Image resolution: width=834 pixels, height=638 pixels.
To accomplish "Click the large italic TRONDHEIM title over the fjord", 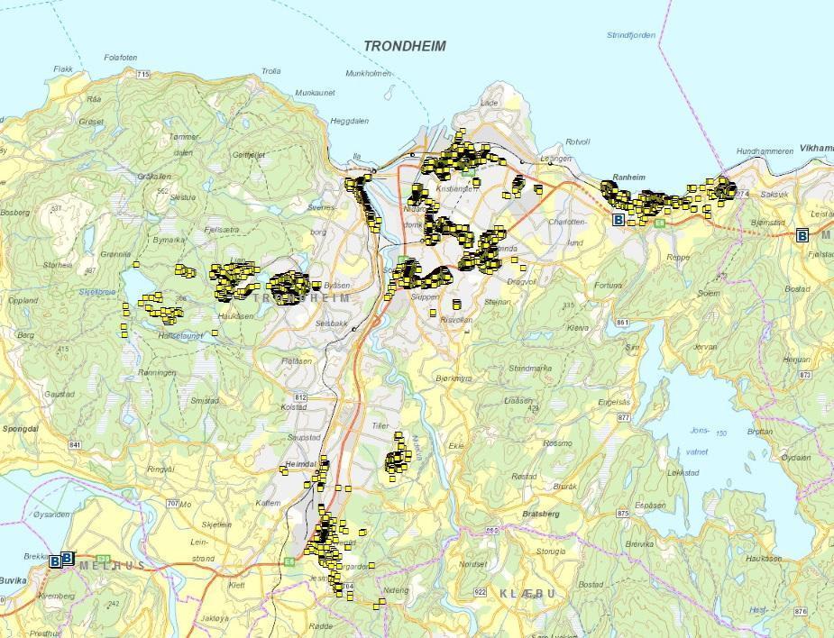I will pyautogui.click(x=404, y=46).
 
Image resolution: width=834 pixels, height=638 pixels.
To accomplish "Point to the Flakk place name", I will pyautogui.click(x=63, y=69).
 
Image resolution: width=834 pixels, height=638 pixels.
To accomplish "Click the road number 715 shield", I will pyautogui.click(x=142, y=74).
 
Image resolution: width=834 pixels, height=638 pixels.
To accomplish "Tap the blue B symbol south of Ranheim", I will pyautogui.click(x=618, y=219).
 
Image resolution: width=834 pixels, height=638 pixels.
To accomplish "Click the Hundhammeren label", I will pyautogui.click(x=765, y=150).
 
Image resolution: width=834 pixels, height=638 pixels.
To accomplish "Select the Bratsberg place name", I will pyautogui.click(x=540, y=514).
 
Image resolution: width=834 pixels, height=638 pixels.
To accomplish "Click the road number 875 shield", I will pyautogui.click(x=621, y=513).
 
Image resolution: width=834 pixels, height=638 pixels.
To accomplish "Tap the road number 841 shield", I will pyautogui.click(x=75, y=445).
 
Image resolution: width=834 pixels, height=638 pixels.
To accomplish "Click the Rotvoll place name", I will pyautogui.click(x=576, y=142).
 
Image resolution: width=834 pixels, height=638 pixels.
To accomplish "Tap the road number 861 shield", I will pyautogui.click(x=621, y=322).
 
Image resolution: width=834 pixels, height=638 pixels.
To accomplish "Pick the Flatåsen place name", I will pyautogui.click(x=297, y=360).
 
